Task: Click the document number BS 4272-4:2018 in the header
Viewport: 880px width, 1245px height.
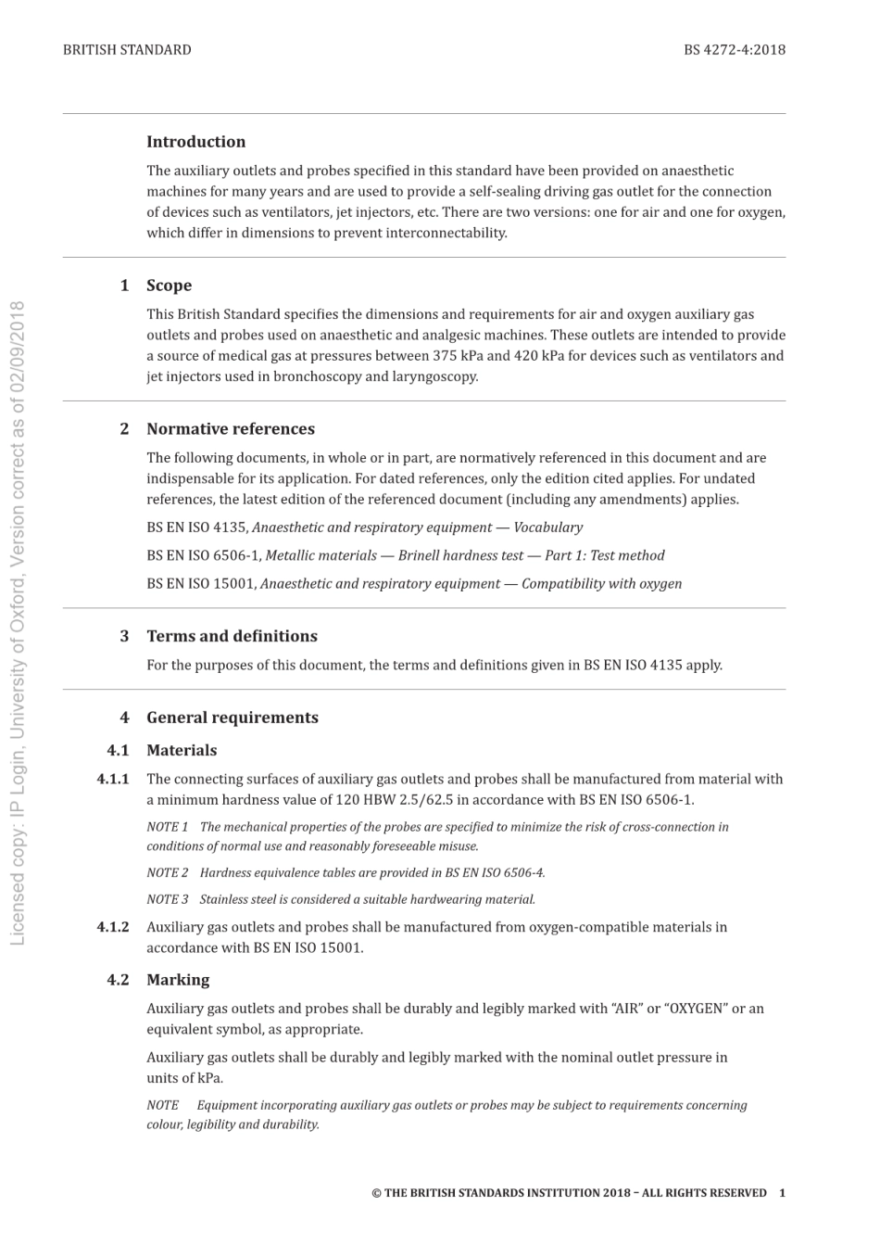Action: [x=734, y=50]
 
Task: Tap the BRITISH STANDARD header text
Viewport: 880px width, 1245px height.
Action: [x=127, y=50]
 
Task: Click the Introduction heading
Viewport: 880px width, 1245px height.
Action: [x=195, y=142]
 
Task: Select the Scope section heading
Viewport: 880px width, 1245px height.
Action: [x=169, y=286]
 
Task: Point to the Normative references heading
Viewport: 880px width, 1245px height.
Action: [x=230, y=429]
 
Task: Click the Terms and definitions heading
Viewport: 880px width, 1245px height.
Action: [x=232, y=636]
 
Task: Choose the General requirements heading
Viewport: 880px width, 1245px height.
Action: [x=232, y=718]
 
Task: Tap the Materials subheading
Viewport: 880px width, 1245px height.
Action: [x=182, y=751]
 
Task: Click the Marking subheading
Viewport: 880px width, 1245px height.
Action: [x=178, y=980]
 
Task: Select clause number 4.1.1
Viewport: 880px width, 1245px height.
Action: [x=113, y=780]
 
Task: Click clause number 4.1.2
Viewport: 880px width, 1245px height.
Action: [x=113, y=927]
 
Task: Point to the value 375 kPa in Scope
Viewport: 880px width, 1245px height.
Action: [x=458, y=356]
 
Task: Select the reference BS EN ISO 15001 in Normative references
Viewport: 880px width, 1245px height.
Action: [x=200, y=584]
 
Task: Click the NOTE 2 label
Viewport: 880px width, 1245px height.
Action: [x=168, y=872]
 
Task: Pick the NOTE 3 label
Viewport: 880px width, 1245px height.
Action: [x=168, y=899]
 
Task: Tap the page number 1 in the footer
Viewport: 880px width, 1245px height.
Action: [x=782, y=1193]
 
